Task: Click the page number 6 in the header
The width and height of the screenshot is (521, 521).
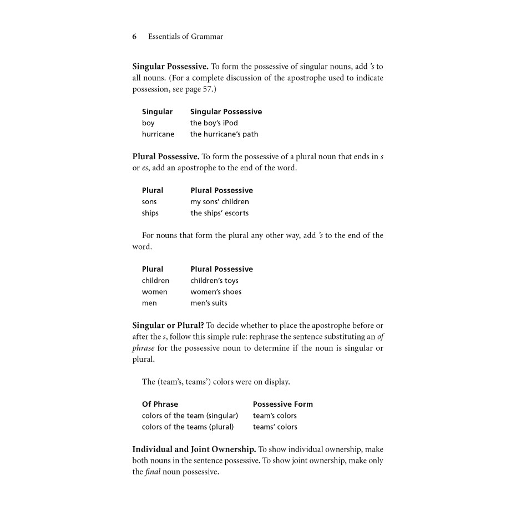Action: point(134,37)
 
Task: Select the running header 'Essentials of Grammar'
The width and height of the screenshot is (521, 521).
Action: point(185,37)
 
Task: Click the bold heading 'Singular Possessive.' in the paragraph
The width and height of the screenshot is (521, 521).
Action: point(170,67)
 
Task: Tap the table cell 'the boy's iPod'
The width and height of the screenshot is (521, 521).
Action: point(214,123)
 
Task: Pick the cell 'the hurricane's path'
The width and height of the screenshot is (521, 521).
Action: point(224,134)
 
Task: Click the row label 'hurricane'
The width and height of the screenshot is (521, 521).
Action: point(158,134)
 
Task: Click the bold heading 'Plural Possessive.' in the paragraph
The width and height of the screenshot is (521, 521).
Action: point(165,156)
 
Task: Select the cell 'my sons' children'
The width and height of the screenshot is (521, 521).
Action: point(220,202)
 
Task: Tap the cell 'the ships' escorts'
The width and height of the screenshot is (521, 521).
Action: point(219,213)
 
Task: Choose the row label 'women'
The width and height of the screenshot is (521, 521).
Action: point(154,292)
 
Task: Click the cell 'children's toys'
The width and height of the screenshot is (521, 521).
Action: point(214,281)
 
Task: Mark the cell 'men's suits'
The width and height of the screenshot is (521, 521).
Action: point(209,303)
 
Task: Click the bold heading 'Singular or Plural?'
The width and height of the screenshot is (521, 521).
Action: point(168,325)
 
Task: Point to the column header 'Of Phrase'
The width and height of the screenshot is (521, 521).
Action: point(160,404)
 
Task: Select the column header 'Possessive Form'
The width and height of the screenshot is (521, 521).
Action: point(282,404)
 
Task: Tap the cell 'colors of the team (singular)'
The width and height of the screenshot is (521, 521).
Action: point(190,416)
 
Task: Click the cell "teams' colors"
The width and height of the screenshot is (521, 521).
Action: point(275,427)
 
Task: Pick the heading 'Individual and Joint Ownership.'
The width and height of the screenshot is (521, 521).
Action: point(194,449)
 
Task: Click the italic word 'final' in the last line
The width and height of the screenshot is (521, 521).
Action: point(153,472)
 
